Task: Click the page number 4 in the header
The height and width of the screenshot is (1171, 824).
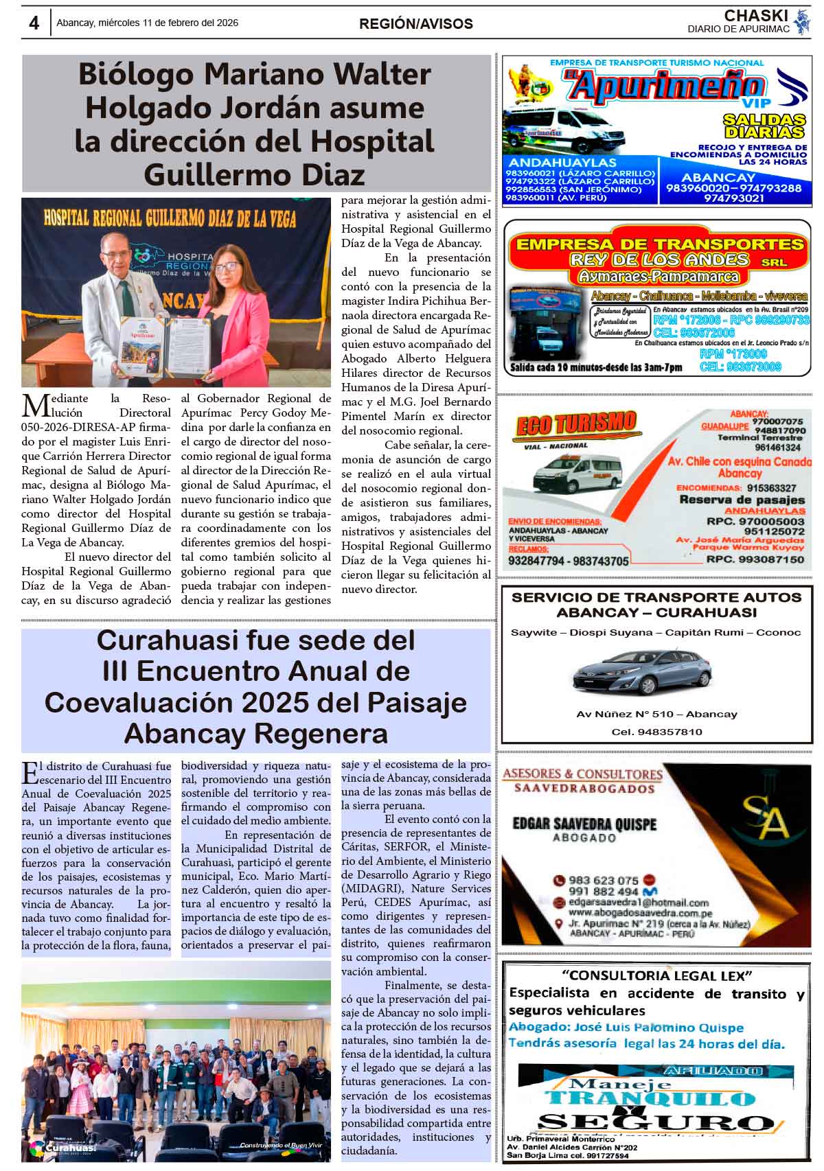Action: point(34,23)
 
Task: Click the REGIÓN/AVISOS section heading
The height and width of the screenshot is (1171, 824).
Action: point(415,24)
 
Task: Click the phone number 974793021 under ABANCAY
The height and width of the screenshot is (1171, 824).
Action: point(733,198)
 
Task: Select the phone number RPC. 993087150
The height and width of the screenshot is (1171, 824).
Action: point(755,559)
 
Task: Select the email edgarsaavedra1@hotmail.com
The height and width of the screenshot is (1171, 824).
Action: point(639,903)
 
